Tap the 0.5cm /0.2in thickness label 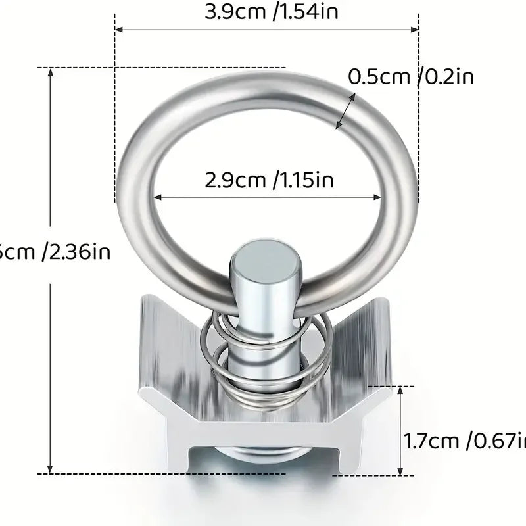click(411, 77)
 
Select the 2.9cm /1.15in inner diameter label click(268, 179)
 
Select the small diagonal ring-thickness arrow click(346, 110)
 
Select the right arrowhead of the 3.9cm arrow click(415, 30)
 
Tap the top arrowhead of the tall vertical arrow click(51, 71)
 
